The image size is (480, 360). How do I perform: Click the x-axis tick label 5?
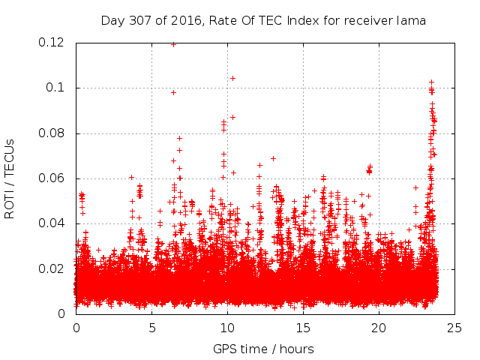click(151, 328)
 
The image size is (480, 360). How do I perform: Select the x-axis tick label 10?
click(227, 328)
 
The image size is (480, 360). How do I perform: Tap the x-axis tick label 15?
click(303, 328)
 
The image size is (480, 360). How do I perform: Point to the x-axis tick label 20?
click(379, 328)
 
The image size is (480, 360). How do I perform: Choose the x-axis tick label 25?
click(454, 328)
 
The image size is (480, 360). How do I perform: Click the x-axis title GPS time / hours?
click(263, 349)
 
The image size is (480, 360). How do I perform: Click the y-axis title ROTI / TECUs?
click(10, 178)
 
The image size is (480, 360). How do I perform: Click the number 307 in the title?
click(139, 20)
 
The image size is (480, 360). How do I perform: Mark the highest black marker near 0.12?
click(173, 44)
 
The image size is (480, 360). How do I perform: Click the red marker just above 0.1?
click(232, 78)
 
